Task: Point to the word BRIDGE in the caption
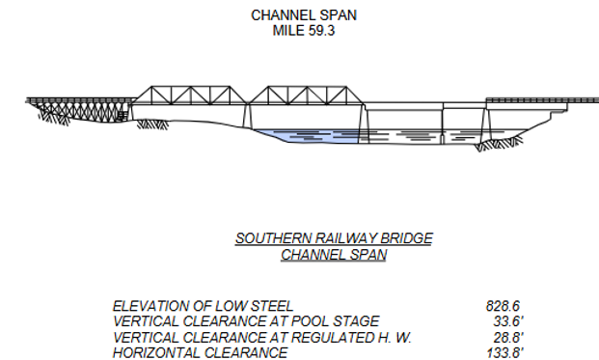click(405, 238)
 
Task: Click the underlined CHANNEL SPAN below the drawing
click(333, 255)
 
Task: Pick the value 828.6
click(503, 306)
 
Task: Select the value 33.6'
click(506, 321)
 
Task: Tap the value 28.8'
click(506, 337)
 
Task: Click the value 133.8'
click(504, 352)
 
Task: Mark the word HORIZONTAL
click(159, 352)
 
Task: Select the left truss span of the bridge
click(189, 96)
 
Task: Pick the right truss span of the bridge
click(305, 96)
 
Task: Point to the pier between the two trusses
click(247, 116)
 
